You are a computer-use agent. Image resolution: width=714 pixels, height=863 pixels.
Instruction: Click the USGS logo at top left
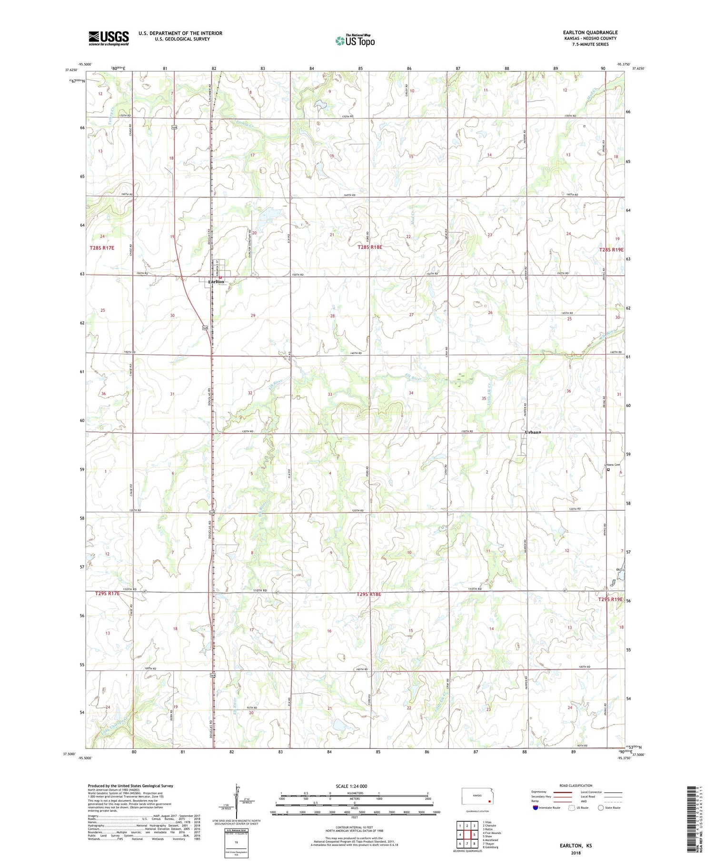pos(109,38)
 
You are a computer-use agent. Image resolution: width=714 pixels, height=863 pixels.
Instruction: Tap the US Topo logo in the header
pos(355,41)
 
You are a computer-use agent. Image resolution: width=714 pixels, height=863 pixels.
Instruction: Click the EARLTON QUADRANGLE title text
pos(590,32)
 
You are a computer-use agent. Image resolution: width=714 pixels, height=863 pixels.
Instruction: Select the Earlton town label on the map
pos(216,282)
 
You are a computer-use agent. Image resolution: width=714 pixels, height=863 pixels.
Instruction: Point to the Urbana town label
pos(533,432)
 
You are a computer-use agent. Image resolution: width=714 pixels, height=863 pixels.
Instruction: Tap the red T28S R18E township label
pos(369,248)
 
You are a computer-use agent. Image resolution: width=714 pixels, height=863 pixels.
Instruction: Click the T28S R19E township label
pos(611,249)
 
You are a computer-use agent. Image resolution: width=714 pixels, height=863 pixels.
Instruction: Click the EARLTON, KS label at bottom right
pos(575,845)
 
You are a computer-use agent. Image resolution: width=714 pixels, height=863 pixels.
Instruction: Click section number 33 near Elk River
pos(330,395)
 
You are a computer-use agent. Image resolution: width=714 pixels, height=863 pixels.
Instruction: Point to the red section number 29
pos(253,316)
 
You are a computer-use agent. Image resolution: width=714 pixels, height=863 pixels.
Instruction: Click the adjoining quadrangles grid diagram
pos(467,834)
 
